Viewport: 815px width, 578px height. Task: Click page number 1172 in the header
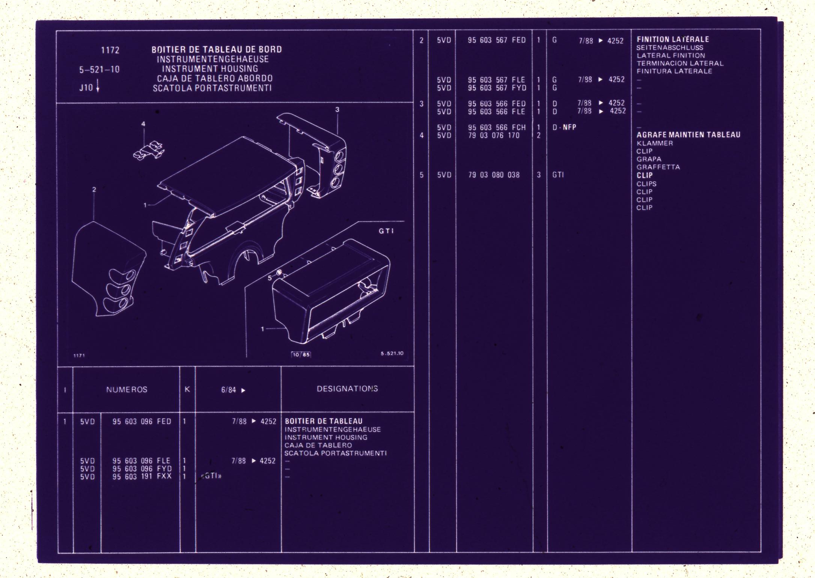point(110,50)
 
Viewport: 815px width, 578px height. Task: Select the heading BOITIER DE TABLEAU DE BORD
point(217,50)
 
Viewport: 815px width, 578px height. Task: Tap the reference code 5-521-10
point(99,70)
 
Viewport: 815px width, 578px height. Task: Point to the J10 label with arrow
point(89,87)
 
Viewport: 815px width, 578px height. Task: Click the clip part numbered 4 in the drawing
point(149,150)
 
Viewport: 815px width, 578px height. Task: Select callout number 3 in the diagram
point(337,110)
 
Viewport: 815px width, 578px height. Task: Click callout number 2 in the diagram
point(94,190)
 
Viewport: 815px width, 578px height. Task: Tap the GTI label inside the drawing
point(386,231)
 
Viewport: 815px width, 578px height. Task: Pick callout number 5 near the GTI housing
point(270,278)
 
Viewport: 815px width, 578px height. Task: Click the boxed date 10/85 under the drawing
point(301,354)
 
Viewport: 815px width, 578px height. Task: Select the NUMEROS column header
point(127,390)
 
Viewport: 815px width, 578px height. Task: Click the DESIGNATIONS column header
point(347,389)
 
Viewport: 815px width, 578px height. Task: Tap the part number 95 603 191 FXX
point(142,477)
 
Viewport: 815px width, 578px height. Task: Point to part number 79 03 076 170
point(494,135)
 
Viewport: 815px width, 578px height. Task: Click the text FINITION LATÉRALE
point(673,39)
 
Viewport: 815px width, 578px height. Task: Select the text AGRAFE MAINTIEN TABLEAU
point(688,135)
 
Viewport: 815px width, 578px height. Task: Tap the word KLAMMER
point(655,143)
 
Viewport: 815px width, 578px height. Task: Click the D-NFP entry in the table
point(564,127)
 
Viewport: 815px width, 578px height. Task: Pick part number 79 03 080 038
point(494,175)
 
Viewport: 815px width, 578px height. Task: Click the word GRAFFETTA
point(658,167)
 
